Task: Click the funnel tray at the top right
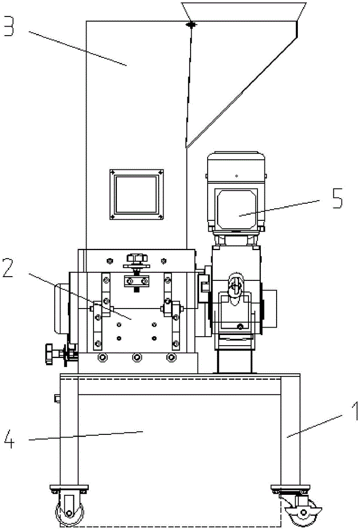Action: [244, 10]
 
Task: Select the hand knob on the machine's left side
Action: [52, 354]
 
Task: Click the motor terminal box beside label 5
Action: [236, 209]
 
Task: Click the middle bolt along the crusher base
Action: [137, 357]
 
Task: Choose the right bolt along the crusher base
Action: [171, 357]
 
